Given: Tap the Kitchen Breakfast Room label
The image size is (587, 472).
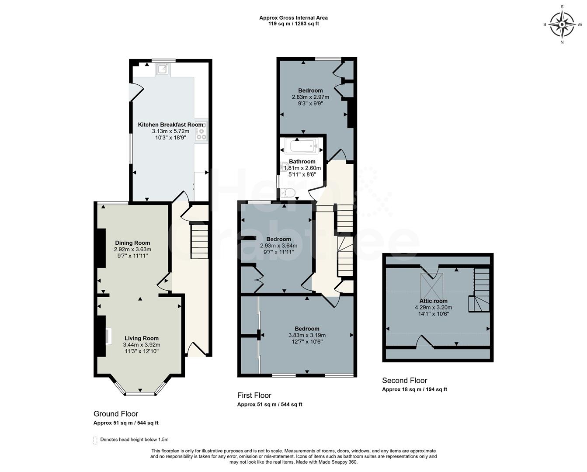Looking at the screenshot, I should click(170, 125).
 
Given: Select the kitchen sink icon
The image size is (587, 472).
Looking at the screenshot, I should click(163, 69).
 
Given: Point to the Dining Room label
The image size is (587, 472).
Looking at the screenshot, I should click(132, 243).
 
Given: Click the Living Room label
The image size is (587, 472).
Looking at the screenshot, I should click(142, 338).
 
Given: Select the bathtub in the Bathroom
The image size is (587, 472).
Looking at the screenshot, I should click(302, 146).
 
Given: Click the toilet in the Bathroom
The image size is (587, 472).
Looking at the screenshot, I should click(289, 192).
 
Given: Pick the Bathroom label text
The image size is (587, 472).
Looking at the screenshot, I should click(302, 162).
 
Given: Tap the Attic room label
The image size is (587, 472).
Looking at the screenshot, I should click(433, 301).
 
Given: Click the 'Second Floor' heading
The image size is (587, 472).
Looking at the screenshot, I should click(404, 381).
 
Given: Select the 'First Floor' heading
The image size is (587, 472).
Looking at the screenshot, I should click(254, 396).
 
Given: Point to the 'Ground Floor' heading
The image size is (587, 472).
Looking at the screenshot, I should click(116, 414).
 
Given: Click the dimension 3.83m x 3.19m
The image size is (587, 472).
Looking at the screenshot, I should click(307, 336).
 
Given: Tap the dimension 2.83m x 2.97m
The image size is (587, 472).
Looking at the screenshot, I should click(310, 97).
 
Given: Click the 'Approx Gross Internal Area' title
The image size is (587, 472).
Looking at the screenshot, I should click(293, 18).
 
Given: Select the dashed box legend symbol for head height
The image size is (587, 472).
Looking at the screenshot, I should click(95, 440).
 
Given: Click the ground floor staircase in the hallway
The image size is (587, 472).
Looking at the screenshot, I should click(200, 242).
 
